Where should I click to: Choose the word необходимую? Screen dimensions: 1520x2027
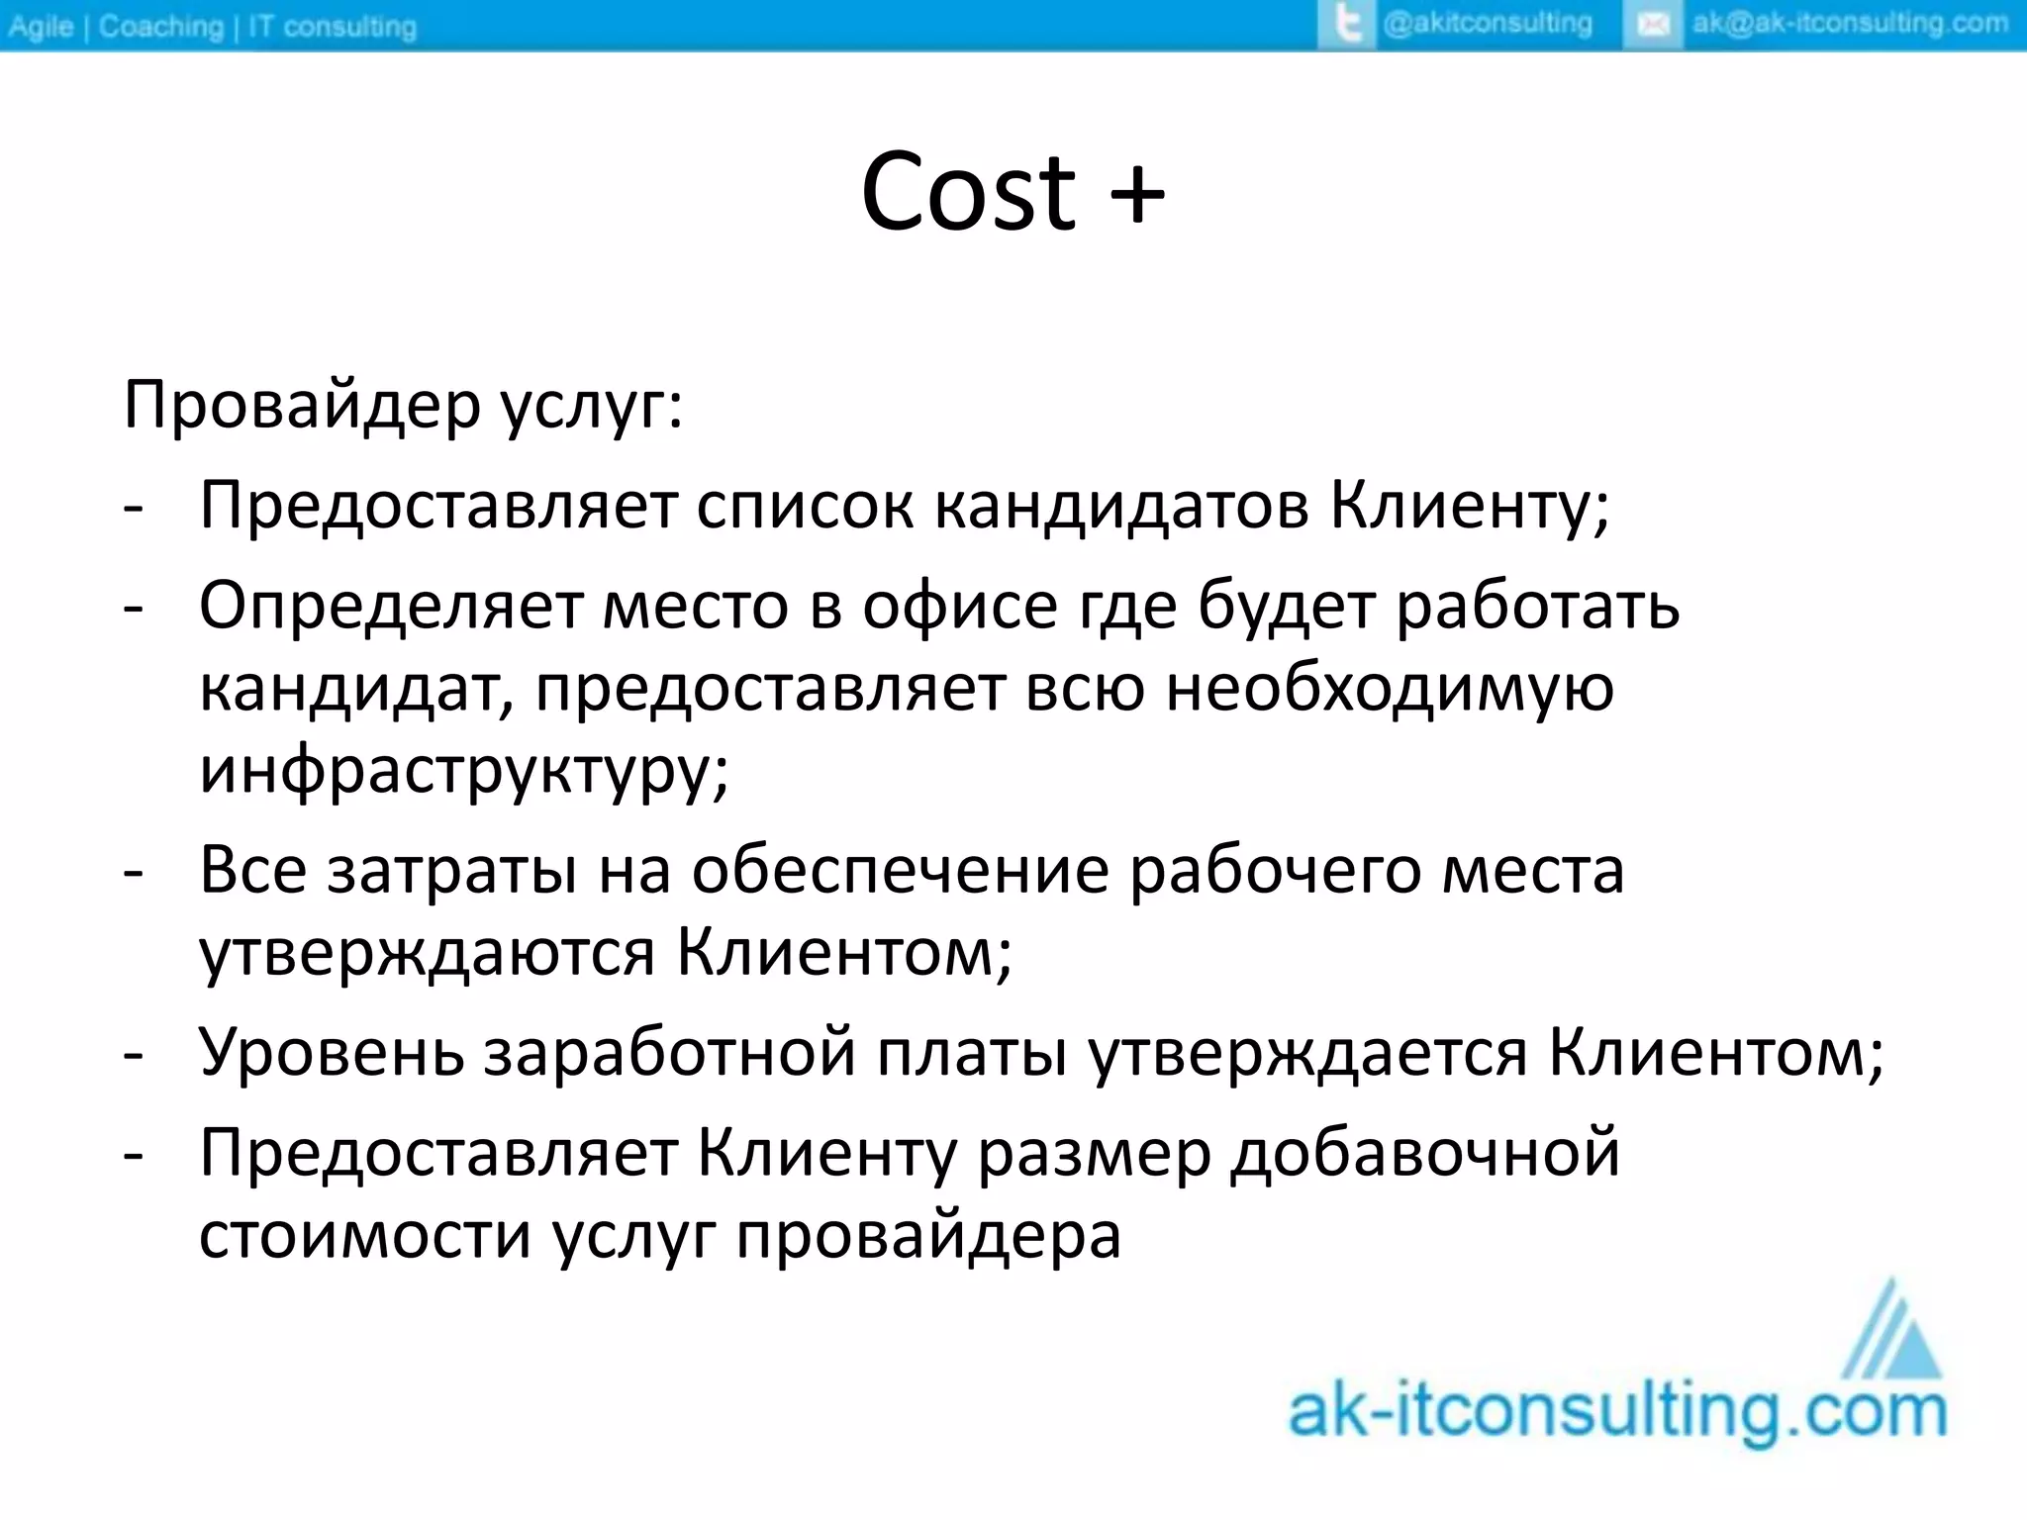[x=1390, y=688]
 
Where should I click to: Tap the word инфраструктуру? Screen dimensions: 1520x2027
[x=463, y=771]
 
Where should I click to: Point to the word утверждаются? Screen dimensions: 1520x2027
[x=427, y=954]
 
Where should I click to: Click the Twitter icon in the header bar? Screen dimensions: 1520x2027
[x=1348, y=25]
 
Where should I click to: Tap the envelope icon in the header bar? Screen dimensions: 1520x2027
[x=1653, y=25]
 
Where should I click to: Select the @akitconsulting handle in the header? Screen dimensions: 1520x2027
[x=1487, y=24]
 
